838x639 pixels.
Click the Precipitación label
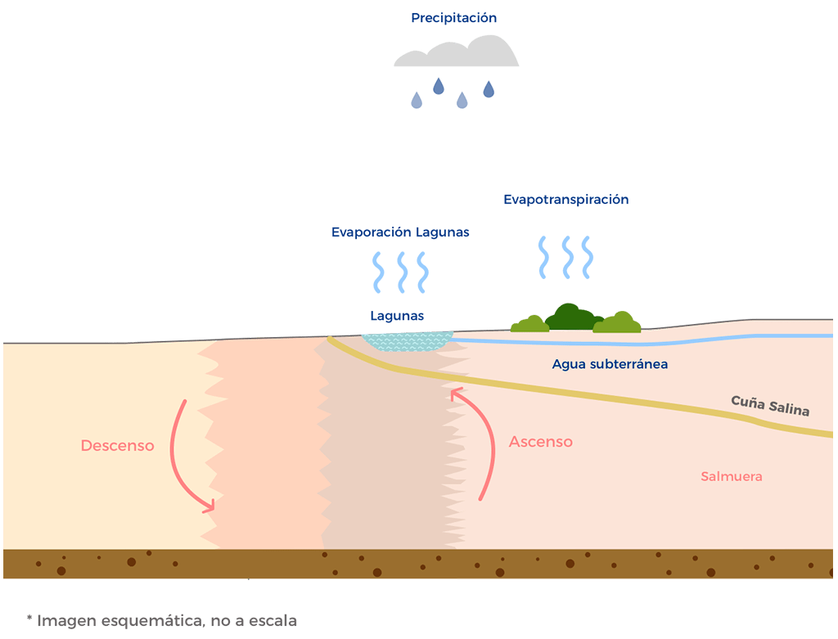point(453,18)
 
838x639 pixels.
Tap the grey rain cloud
point(456,54)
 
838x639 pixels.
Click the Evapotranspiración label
point(565,200)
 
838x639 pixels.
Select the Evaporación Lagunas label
point(400,232)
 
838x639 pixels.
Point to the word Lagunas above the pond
point(397,316)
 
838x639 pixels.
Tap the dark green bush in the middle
point(572,317)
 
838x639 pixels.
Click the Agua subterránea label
point(610,363)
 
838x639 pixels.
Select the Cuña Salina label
point(769,406)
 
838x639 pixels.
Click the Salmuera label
point(732,476)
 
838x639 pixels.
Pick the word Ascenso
point(540,442)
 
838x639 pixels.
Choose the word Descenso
point(117,446)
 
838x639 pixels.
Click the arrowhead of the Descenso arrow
point(209,505)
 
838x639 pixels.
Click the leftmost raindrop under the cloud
point(417,101)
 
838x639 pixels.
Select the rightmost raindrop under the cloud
point(489,89)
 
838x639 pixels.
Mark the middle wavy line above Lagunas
point(402,272)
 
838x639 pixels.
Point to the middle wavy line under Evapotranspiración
point(565,258)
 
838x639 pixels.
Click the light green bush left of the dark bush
point(530,324)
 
